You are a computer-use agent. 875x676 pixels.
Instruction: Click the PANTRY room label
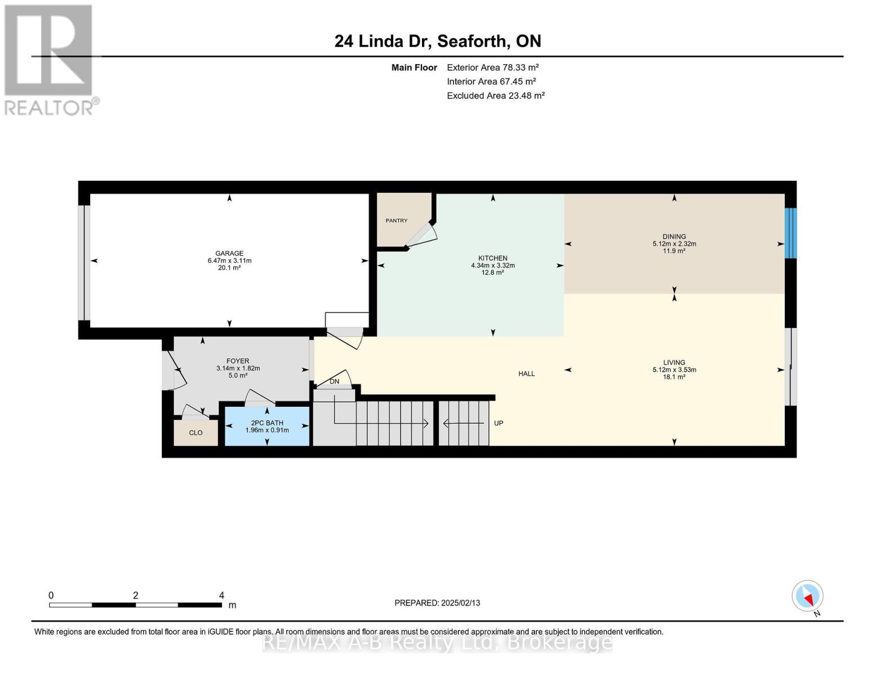[x=396, y=221]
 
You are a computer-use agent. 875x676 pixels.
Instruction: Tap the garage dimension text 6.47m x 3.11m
[x=229, y=260]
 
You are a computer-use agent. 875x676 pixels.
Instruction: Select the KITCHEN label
[x=492, y=258]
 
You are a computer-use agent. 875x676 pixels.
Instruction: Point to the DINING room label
[x=674, y=237]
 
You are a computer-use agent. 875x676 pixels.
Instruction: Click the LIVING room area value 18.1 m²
[x=674, y=377]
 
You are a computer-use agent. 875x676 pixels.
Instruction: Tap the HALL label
[x=526, y=373]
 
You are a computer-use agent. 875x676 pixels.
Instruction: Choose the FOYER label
[x=238, y=361]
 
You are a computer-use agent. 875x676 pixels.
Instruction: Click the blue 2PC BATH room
[x=267, y=426]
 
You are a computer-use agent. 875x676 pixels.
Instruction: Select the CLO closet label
[x=196, y=433]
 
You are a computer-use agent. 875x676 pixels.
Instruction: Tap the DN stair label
[x=335, y=381]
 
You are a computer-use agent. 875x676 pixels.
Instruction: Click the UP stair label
[x=499, y=423]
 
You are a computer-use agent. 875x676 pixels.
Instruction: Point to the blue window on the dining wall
[x=790, y=233]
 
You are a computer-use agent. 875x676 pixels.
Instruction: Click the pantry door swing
[x=421, y=235]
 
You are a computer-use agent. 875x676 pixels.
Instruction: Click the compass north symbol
[x=808, y=597]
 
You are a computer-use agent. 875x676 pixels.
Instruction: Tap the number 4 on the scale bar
[x=221, y=595]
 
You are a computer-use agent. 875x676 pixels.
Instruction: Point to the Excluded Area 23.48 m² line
[x=496, y=95]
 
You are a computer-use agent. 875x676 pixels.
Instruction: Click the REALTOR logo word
[x=48, y=108]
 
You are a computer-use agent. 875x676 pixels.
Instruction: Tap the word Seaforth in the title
[x=472, y=41]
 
